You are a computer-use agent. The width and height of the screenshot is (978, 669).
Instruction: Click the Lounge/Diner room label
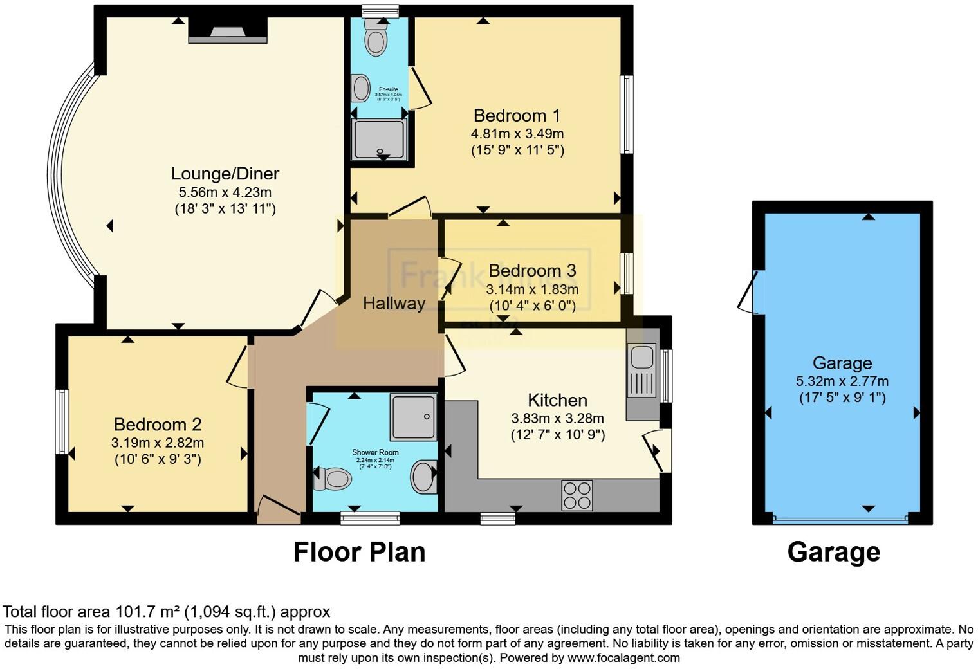click(225, 174)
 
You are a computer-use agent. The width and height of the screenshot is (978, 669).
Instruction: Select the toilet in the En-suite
click(375, 39)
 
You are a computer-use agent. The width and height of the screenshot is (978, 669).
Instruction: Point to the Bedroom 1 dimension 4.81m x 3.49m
click(517, 134)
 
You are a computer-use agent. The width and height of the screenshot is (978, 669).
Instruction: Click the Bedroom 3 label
click(532, 270)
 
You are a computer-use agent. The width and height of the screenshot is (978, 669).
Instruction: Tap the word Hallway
click(394, 303)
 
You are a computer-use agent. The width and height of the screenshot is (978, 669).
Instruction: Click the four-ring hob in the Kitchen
click(577, 495)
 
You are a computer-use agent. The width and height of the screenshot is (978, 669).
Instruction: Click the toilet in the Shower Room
click(333, 479)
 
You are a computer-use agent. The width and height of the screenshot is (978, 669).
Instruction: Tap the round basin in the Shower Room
click(423, 477)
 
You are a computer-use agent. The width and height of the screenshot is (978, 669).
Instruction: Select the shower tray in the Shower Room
click(413, 417)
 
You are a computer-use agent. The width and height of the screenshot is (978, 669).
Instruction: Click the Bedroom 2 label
click(158, 425)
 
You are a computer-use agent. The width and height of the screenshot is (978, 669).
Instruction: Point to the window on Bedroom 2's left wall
click(62, 422)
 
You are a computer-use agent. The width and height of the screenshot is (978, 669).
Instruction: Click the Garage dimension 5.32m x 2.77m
click(842, 381)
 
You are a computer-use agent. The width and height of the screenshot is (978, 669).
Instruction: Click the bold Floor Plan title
click(359, 552)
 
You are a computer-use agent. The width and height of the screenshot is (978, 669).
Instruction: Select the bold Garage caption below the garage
click(833, 552)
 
